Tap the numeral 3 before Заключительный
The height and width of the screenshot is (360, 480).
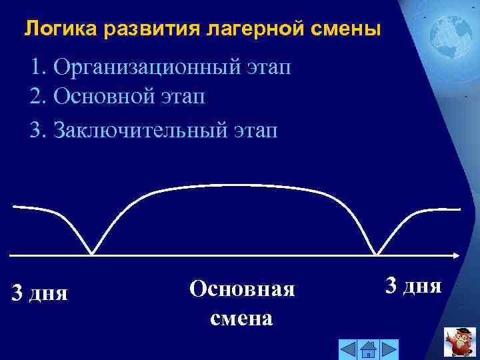pyautogui.click(x=36, y=129)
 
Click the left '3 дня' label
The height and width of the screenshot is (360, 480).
pyautogui.click(x=40, y=292)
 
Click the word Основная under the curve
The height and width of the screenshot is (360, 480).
pyautogui.click(x=241, y=289)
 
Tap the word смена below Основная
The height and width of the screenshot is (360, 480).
pyautogui.click(x=241, y=318)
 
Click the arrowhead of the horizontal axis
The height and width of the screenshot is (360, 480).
pyautogui.click(x=455, y=255)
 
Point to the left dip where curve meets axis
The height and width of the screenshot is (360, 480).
pyautogui.click(x=92, y=253)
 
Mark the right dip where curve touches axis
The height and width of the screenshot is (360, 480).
pyautogui.click(x=377, y=253)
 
